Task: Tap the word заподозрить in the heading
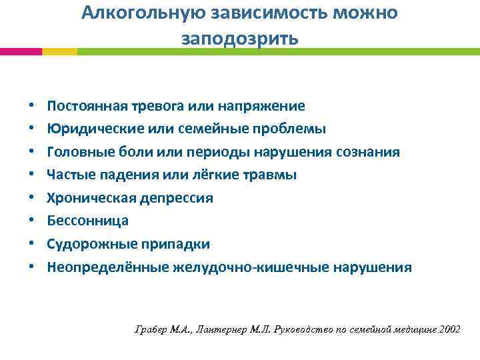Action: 240,39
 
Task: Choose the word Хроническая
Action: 87,198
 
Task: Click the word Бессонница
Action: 87,221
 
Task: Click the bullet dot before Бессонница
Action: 31,221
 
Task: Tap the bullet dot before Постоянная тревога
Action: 31,107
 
